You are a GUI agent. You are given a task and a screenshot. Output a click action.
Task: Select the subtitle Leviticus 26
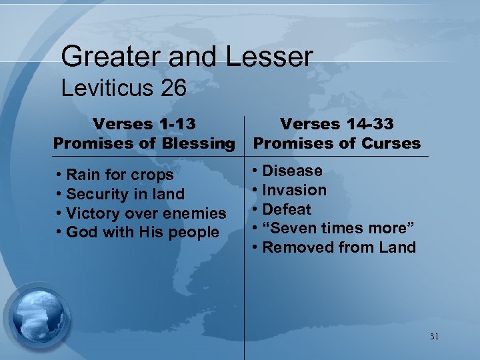(x=123, y=89)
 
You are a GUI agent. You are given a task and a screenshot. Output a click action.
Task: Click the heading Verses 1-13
(x=144, y=124)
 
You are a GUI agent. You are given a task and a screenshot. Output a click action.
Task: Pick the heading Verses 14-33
(x=337, y=124)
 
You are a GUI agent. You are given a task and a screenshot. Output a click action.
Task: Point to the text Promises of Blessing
(x=144, y=143)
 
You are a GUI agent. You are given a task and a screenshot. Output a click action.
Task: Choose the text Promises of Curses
(x=337, y=143)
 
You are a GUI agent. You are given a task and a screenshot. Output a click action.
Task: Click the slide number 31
(x=434, y=337)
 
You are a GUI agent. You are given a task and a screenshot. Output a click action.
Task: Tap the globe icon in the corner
(x=38, y=314)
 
